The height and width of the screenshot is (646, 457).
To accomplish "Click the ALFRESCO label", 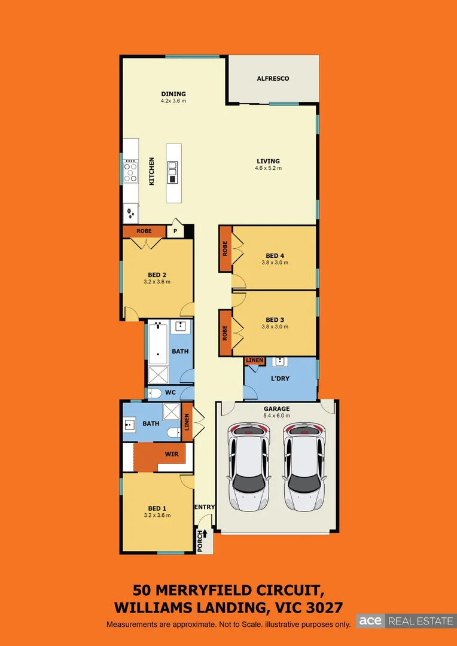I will [273, 78].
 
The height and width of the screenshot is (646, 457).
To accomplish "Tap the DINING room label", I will [173, 94].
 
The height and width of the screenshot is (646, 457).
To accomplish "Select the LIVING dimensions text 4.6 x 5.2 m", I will [268, 168].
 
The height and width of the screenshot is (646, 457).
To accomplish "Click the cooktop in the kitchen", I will [130, 172].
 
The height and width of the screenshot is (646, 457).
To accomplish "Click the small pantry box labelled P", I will [175, 231].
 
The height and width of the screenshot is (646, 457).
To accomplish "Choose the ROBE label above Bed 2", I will [144, 231].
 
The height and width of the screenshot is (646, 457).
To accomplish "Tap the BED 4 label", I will [275, 255].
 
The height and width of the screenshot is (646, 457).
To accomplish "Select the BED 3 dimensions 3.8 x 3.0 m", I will [275, 327].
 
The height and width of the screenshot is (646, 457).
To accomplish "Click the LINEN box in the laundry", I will [254, 361].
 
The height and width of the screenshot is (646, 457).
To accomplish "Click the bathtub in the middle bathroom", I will [158, 343].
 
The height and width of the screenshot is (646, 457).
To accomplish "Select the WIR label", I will [172, 454].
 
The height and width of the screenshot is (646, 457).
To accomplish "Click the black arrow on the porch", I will [205, 534].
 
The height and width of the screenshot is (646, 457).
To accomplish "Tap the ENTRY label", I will [204, 507].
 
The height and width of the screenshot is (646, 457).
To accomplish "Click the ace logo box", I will [370, 621].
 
